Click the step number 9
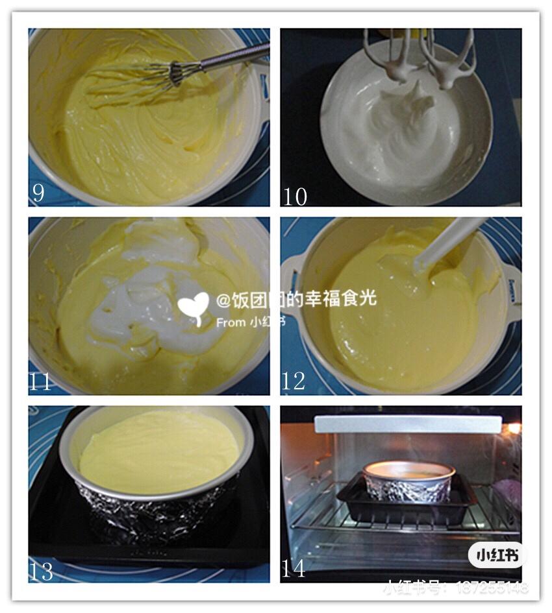(38, 193)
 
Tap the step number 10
(295, 195)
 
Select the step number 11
(40, 382)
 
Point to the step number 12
(294, 381)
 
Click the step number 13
(40, 571)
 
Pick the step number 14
(294, 569)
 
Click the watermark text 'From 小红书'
(249, 322)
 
